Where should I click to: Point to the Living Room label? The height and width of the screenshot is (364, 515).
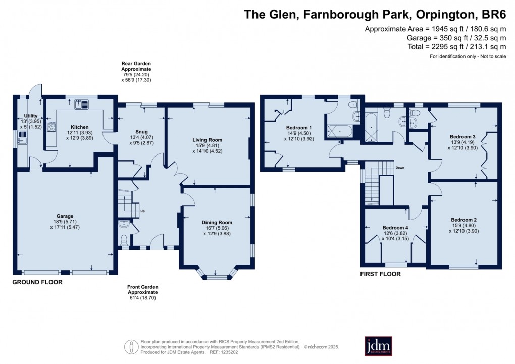[x=207, y=140]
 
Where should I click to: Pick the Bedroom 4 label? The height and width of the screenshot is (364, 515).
[x=395, y=227]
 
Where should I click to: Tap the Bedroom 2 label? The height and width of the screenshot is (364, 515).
[x=463, y=220]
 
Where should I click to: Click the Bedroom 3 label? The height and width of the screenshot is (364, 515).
[x=462, y=137]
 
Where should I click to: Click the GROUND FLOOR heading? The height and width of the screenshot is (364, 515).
[x=37, y=282]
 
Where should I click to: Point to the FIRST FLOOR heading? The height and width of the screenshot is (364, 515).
[x=380, y=274]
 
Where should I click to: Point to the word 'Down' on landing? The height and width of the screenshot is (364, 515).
[x=400, y=168]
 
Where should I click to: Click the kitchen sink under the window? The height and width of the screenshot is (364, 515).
[x=81, y=104]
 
